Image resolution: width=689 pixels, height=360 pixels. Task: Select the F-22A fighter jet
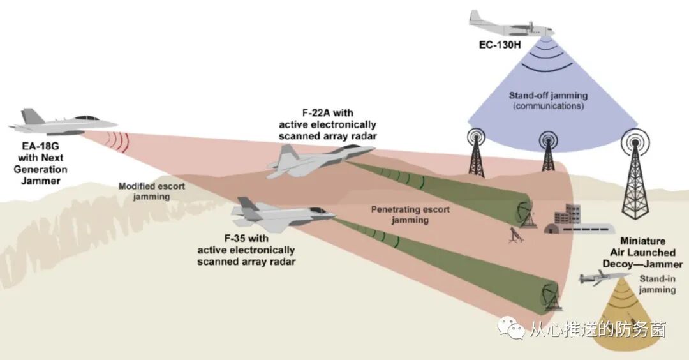point(319,160)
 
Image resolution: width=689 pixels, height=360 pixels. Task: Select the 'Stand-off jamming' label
point(548,96)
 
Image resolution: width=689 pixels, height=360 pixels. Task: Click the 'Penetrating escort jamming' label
point(400,214)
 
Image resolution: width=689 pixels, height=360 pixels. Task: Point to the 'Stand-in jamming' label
point(656,284)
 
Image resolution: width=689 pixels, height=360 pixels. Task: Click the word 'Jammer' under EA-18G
point(41,181)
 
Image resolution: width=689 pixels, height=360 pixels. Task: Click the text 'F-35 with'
point(246,239)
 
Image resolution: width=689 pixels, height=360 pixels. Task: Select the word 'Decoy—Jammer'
point(642,264)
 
